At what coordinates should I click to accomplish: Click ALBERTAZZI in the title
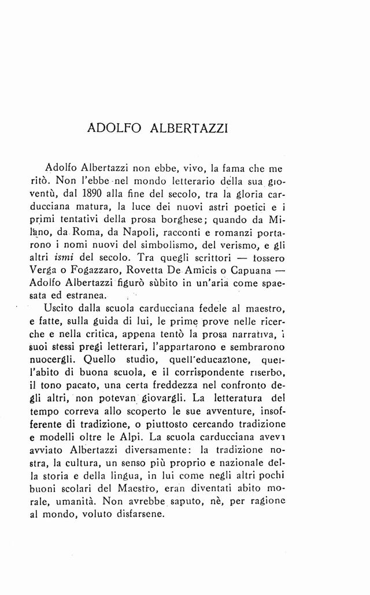[x=187, y=128]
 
